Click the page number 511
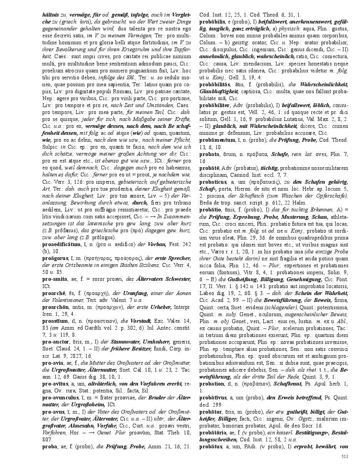(345, 456)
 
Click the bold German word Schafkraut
(284, 391)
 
